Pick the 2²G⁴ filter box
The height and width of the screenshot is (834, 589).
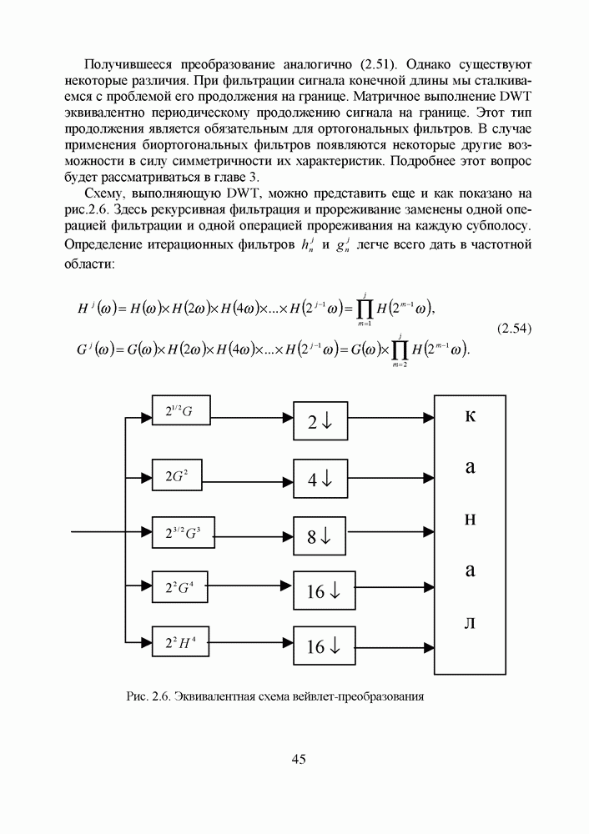click(180, 587)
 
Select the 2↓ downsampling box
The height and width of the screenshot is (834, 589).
click(321, 421)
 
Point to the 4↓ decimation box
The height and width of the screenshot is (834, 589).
click(321, 478)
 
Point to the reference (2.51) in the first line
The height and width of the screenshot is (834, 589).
click(382, 64)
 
